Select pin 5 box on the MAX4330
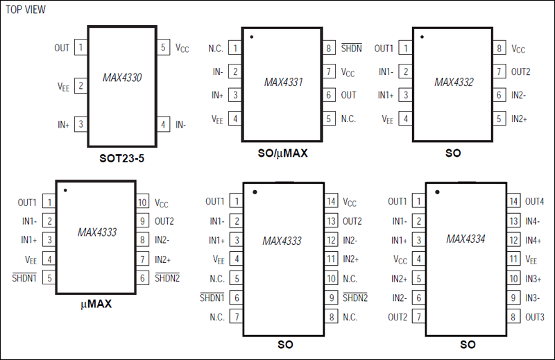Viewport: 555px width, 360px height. [164, 48]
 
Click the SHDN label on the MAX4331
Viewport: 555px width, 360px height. [351, 49]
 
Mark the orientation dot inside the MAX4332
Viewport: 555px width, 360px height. [422, 37]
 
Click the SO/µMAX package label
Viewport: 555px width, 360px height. [282, 153]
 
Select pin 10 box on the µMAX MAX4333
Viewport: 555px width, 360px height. [142, 203]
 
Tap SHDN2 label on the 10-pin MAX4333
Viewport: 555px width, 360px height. [167, 278]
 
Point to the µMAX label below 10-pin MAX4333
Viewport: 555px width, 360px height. [96, 304]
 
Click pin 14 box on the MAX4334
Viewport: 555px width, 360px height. [514, 202]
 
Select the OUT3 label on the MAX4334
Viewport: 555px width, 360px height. [535, 317]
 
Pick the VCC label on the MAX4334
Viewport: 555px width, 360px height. [400, 260]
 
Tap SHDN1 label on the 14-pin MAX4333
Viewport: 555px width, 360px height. [212, 298]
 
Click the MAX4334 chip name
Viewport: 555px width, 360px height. [466, 239]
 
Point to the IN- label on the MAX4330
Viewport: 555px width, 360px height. [181, 125]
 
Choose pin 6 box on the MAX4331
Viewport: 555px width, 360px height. [329, 96]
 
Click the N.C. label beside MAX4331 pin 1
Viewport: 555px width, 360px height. [216, 49]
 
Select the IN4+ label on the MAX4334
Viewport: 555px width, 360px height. [533, 240]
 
